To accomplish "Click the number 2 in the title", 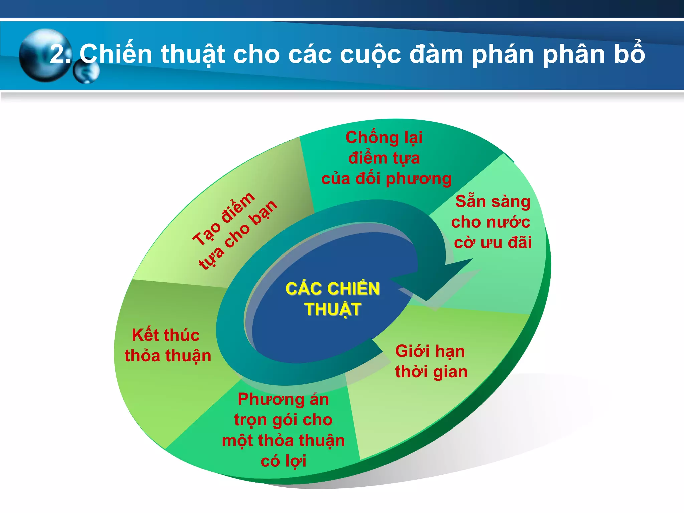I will tap(58, 54).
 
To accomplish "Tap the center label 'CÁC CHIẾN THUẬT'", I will tap(333, 299).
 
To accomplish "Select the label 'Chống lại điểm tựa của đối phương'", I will tap(385, 158).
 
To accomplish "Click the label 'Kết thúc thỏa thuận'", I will tap(167, 345).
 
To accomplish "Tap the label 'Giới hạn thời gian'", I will tap(431, 361).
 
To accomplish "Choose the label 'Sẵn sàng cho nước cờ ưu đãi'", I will tap(492, 222).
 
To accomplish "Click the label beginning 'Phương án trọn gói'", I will tap(283, 430).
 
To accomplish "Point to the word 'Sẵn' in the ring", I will tap(470, 201).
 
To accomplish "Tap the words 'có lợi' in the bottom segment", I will tap(283, 461).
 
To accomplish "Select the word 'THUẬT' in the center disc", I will tap(333, 309).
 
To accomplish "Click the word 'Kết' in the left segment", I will tap(146, 335).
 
